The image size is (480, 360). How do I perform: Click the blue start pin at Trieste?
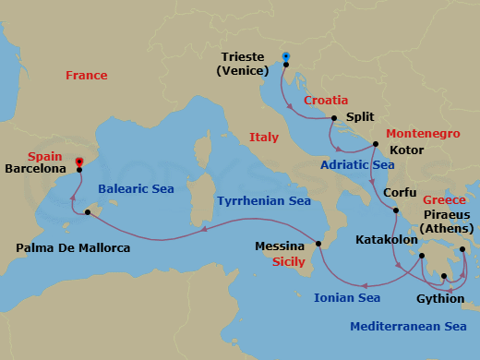click(286, 57)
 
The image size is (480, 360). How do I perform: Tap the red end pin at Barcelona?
click(79, 162)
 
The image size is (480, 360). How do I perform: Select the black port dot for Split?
click(334, 118)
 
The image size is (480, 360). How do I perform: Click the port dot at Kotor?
click(375, 144)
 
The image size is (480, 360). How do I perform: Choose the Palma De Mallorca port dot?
click(88, 213)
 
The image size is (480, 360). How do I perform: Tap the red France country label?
click(86, 76)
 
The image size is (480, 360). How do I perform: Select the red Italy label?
click(263, 138)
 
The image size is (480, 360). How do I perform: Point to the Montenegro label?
click(423, 134)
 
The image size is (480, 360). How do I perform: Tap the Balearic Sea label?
click(135, 189)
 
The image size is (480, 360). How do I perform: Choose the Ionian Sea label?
click(347, 297)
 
